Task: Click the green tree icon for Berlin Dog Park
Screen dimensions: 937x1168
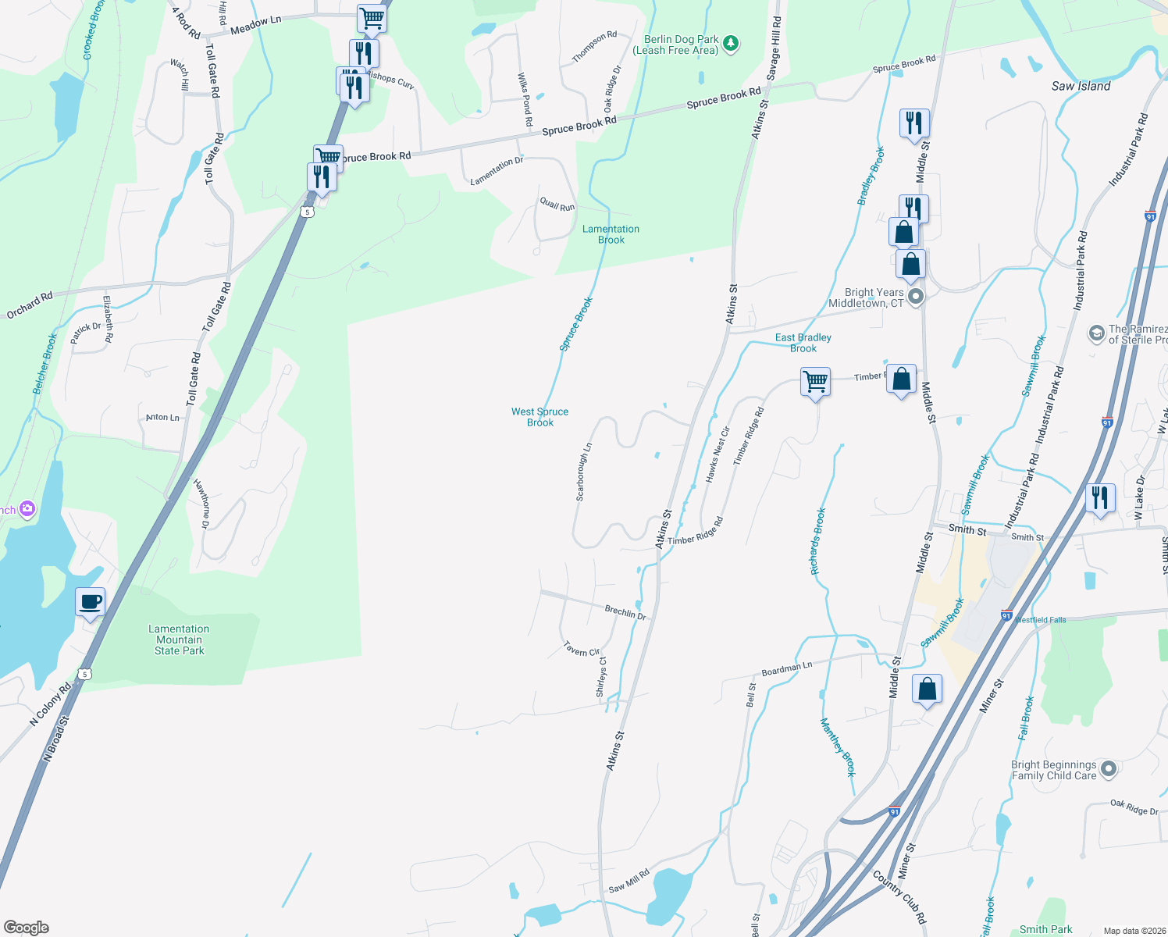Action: point(731,44)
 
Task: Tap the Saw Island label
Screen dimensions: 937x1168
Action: point(1081,86)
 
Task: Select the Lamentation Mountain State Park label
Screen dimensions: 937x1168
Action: point(179,640)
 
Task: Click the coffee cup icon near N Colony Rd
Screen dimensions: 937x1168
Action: point(91,602)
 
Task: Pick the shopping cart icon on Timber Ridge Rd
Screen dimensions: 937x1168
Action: point(815,382)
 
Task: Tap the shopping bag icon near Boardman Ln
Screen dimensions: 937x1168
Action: point(927,689)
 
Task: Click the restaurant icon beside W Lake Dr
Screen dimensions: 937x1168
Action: point(1099,497)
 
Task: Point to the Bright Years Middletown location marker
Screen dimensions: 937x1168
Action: point(917,297)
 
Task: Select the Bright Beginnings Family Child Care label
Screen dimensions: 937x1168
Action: point(1054,770)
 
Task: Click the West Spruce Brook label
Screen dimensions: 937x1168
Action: point(540,417)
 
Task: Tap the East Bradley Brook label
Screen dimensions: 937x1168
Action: point(803,343)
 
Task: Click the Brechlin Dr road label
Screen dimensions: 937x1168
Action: point(625,612)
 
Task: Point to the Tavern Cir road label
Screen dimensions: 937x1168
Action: point(582,649)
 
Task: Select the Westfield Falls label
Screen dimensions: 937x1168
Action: point(1040,620)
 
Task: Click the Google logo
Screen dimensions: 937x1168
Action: point(27,928)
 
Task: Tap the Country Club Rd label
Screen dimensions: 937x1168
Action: point(899,897)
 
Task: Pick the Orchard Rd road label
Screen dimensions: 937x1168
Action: point(30,305)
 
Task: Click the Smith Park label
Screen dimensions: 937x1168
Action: point(1045,929)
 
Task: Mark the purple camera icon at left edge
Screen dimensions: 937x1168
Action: point(27,509)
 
